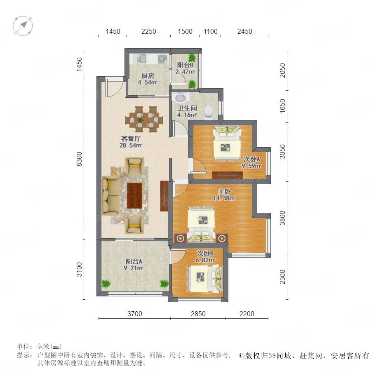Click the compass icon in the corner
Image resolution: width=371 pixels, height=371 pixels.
point(23,26)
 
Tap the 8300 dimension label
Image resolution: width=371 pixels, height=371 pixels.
point(79,159)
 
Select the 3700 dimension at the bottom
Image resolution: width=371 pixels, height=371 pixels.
point(135,314)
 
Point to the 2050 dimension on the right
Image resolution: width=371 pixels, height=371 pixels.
point(282,70)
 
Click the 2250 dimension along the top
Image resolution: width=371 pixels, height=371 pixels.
point(148,31)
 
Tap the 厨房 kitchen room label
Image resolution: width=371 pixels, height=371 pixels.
point(148,76)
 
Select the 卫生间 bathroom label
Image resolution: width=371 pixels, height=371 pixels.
point(187,108)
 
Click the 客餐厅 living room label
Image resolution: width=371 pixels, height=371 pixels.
point(131,139)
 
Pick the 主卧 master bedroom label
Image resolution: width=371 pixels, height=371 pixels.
point(224,191)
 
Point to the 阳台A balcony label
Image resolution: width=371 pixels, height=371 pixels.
point(134,261)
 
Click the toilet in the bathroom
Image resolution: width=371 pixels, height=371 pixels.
point(209,112)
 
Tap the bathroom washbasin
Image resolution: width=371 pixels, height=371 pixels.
point(181,97)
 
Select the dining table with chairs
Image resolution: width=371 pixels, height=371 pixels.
point(144,120)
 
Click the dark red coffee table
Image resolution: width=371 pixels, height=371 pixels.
point(135,195)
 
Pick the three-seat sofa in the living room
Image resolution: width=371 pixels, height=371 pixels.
point(110,195)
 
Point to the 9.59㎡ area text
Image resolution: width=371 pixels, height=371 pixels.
point(251,166)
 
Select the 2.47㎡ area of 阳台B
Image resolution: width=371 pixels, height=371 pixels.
point(185,71)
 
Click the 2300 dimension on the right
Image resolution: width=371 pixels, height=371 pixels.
point(282,277)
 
